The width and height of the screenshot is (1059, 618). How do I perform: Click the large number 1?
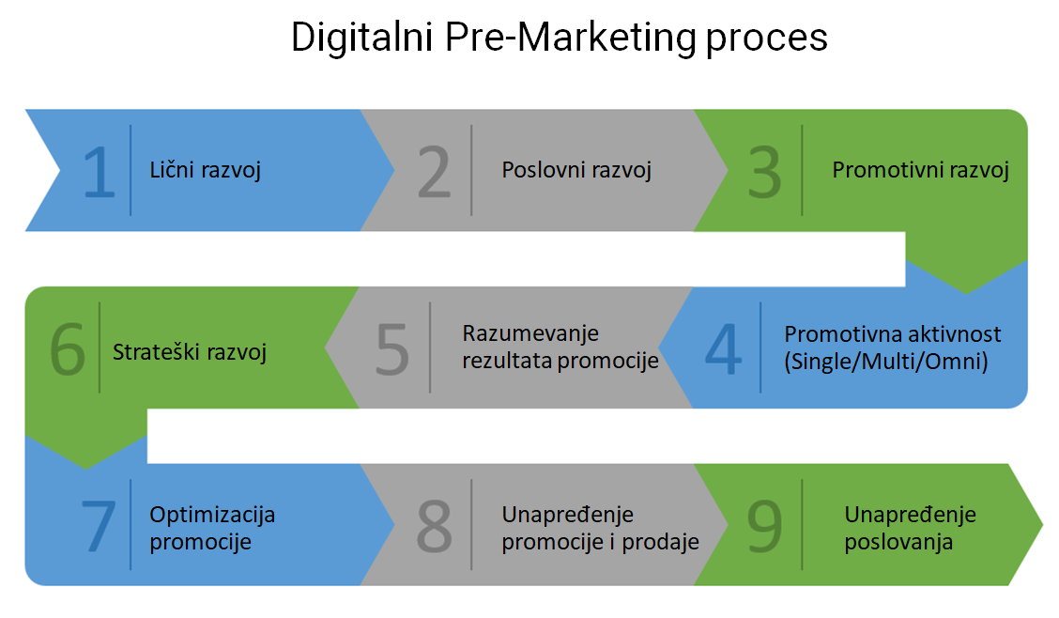[x=100, y=172]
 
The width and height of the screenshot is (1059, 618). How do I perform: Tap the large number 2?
[x=434, y=172]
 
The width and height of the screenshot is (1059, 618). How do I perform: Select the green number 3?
[x=764, y=172]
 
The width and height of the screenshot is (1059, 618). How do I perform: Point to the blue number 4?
[x=723, y=348]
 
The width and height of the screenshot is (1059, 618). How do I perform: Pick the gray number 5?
[x=392, y=349]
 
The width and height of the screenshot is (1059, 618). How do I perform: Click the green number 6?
[x=68, y=349]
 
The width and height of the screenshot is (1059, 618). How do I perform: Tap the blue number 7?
[x=99, y=526]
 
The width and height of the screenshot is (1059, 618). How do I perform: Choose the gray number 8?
[x=434, y=526]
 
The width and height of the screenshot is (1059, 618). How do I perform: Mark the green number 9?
[x=764, y=526]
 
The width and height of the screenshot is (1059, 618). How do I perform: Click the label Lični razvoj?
[x=206, y=170]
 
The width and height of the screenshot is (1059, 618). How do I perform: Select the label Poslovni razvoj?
[x=576, y=170]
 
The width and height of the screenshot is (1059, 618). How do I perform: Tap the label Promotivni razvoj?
[x=921, y=170]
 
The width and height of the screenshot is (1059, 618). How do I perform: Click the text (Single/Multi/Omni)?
[x=886, y=362]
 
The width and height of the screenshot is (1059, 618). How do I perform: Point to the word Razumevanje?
[x=530, y=333]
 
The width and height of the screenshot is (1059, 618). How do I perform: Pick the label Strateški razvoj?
[x=190, y=352]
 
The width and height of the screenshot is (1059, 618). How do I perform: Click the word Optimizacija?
[x=212, y=515]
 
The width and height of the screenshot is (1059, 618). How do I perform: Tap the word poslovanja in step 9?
[x=899, y=542]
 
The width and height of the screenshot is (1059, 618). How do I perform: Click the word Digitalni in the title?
[x=362, y=38]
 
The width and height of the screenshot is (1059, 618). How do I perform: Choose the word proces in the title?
[x=767, y=39]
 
